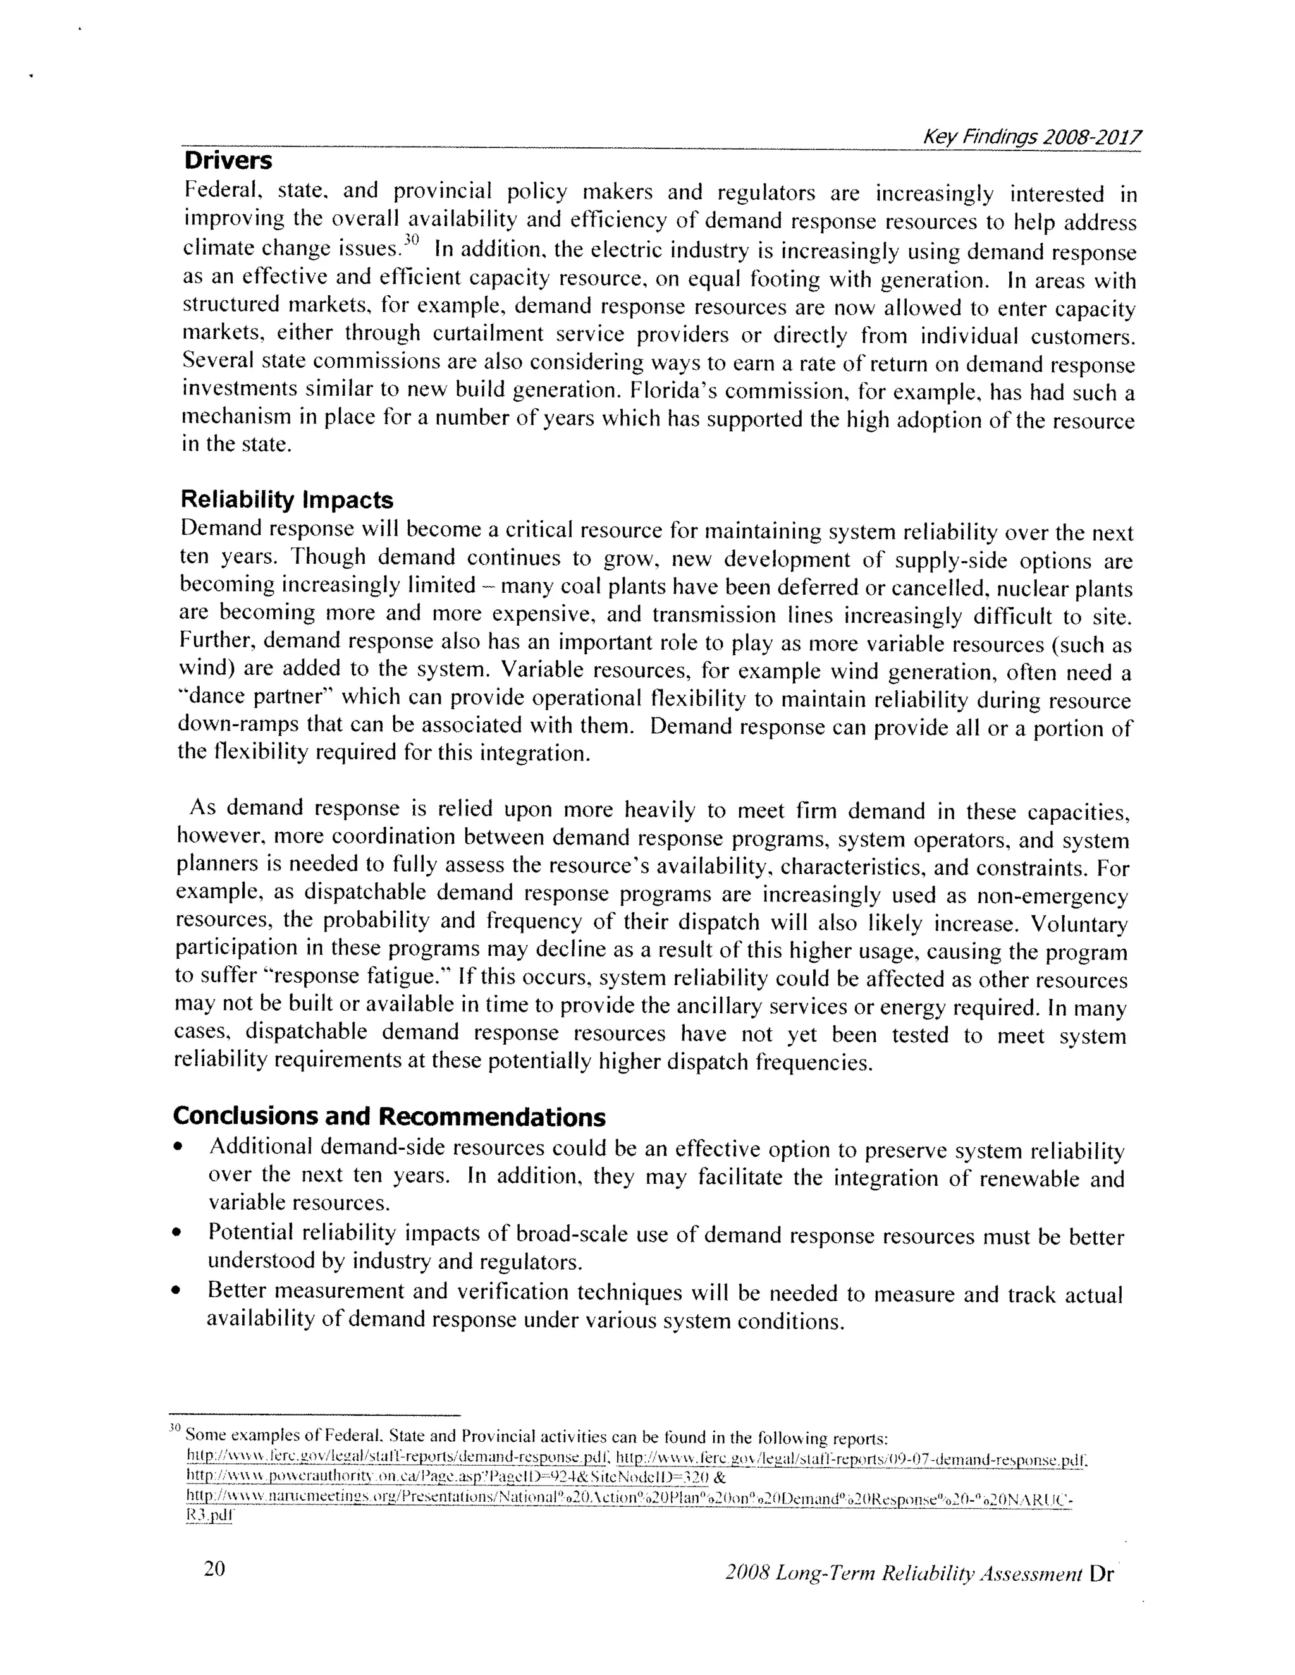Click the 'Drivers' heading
[228, 161]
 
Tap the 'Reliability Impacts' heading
[286, 500]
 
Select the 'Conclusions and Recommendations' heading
[389, 1117]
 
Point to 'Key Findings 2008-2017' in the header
[1031, 137]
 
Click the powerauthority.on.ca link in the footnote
[446, 1477]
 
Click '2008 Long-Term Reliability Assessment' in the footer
[903, 1574]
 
